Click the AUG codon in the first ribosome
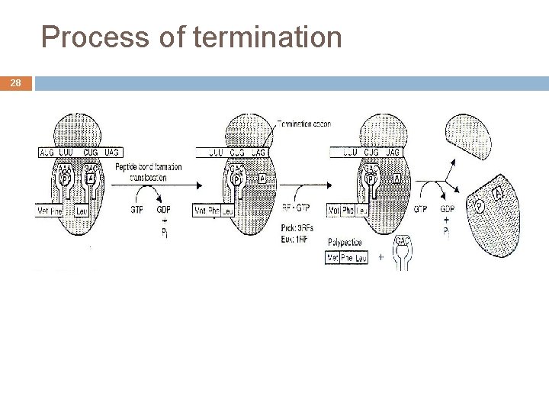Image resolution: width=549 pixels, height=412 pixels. pyautogui.click(x=47, y=153)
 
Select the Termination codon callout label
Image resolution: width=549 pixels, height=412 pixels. pyautogui.click(x=303, y=124)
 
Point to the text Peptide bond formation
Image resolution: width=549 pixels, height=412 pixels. pyautogui.click(x=149, y=167)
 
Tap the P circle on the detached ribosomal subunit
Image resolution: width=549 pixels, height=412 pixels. pyautogui.click(x=479, y=206)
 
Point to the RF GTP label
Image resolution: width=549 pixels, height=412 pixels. pyautogui.click(x=296, y=207)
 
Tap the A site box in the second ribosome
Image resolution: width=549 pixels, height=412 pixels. pyautogui.click(x=262, y=178)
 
